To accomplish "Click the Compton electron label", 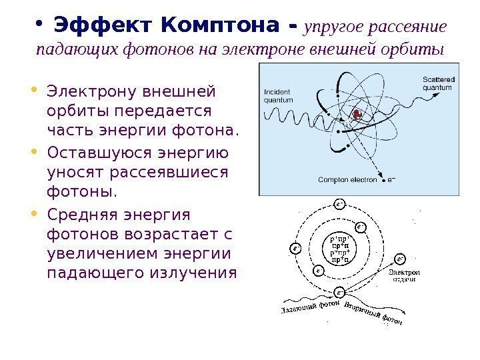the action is click(x=347, y=179).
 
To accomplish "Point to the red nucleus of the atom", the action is click(x=357, y=115).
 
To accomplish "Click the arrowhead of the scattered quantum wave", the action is click(x=439, y=95).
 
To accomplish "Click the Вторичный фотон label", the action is click(x=374, y=315).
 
